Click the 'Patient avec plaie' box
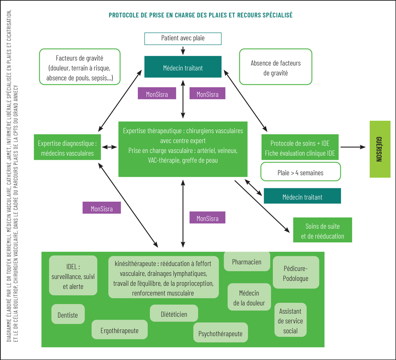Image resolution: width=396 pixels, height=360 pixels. (x=183, y=38)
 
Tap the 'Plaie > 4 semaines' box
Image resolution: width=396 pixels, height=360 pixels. (x=300, y=172)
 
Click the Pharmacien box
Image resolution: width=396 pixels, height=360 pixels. (x=247, y=261)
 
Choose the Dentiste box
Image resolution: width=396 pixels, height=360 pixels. (x=68, y=315)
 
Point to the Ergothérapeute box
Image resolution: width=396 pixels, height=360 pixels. (x=120, y=330)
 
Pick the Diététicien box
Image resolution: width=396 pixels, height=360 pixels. (x=174, y=314)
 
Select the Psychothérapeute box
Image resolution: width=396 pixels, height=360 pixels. (x=220, y=333)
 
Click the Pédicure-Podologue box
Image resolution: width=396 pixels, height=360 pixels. (x=296, y=273)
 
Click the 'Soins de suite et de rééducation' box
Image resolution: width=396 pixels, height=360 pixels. (x=322, y=231)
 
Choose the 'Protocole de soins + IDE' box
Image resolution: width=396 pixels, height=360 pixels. (x=300, y=148)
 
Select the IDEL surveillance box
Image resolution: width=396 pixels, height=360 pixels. (x=73, y=275)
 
